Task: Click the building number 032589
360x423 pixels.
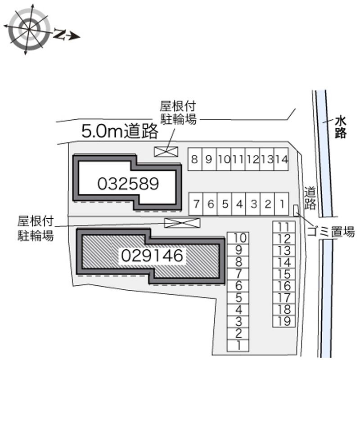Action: (x=128, y=184)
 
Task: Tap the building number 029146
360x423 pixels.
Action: (x=152, y=255)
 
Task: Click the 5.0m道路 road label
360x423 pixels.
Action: (x=120, y=131)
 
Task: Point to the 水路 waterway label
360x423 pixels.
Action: (x=341, y=127)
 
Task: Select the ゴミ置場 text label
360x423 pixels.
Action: (x=331, y=232)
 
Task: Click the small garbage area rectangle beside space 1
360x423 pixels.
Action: (x=296, y=211)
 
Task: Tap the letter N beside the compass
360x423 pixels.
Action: (x=60, y=34)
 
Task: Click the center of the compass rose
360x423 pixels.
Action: (x=29, y=29)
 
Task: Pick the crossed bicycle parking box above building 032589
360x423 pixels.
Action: (x=166, y=152)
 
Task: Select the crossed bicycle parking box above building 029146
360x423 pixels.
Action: (x=182, y=223)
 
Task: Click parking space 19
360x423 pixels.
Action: (x=284, y=321)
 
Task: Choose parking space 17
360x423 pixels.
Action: (x=284, y=297)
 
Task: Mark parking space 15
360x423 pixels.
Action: (x=284, y=274)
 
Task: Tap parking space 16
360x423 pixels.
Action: (x=284, y=286)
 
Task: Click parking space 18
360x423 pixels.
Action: (x=284, y=310)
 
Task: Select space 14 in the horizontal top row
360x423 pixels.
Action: (x=281, y=159)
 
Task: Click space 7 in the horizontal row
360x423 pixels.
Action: (x=196, y=204)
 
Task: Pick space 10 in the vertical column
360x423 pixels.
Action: (x=238, y=238)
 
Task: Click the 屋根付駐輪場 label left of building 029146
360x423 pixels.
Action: (x=36, y=228)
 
